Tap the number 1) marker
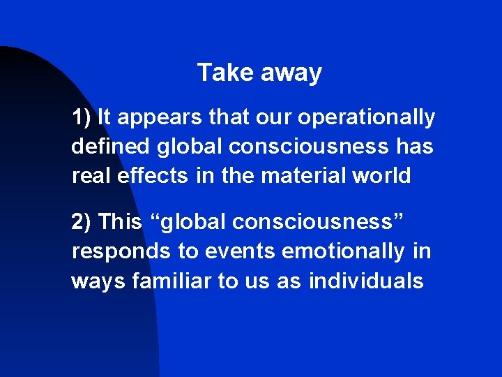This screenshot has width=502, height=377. pyautogui.click(x=82, y=117)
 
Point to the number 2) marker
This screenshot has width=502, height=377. pyautogui.click(x=82, y=222)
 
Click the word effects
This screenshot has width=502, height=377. pyautogui.click(x=153, y=176)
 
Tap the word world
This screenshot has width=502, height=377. pyautogui.click(x=382, y=176)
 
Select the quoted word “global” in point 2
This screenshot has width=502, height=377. pyautogui.click(x=184, y=222)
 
